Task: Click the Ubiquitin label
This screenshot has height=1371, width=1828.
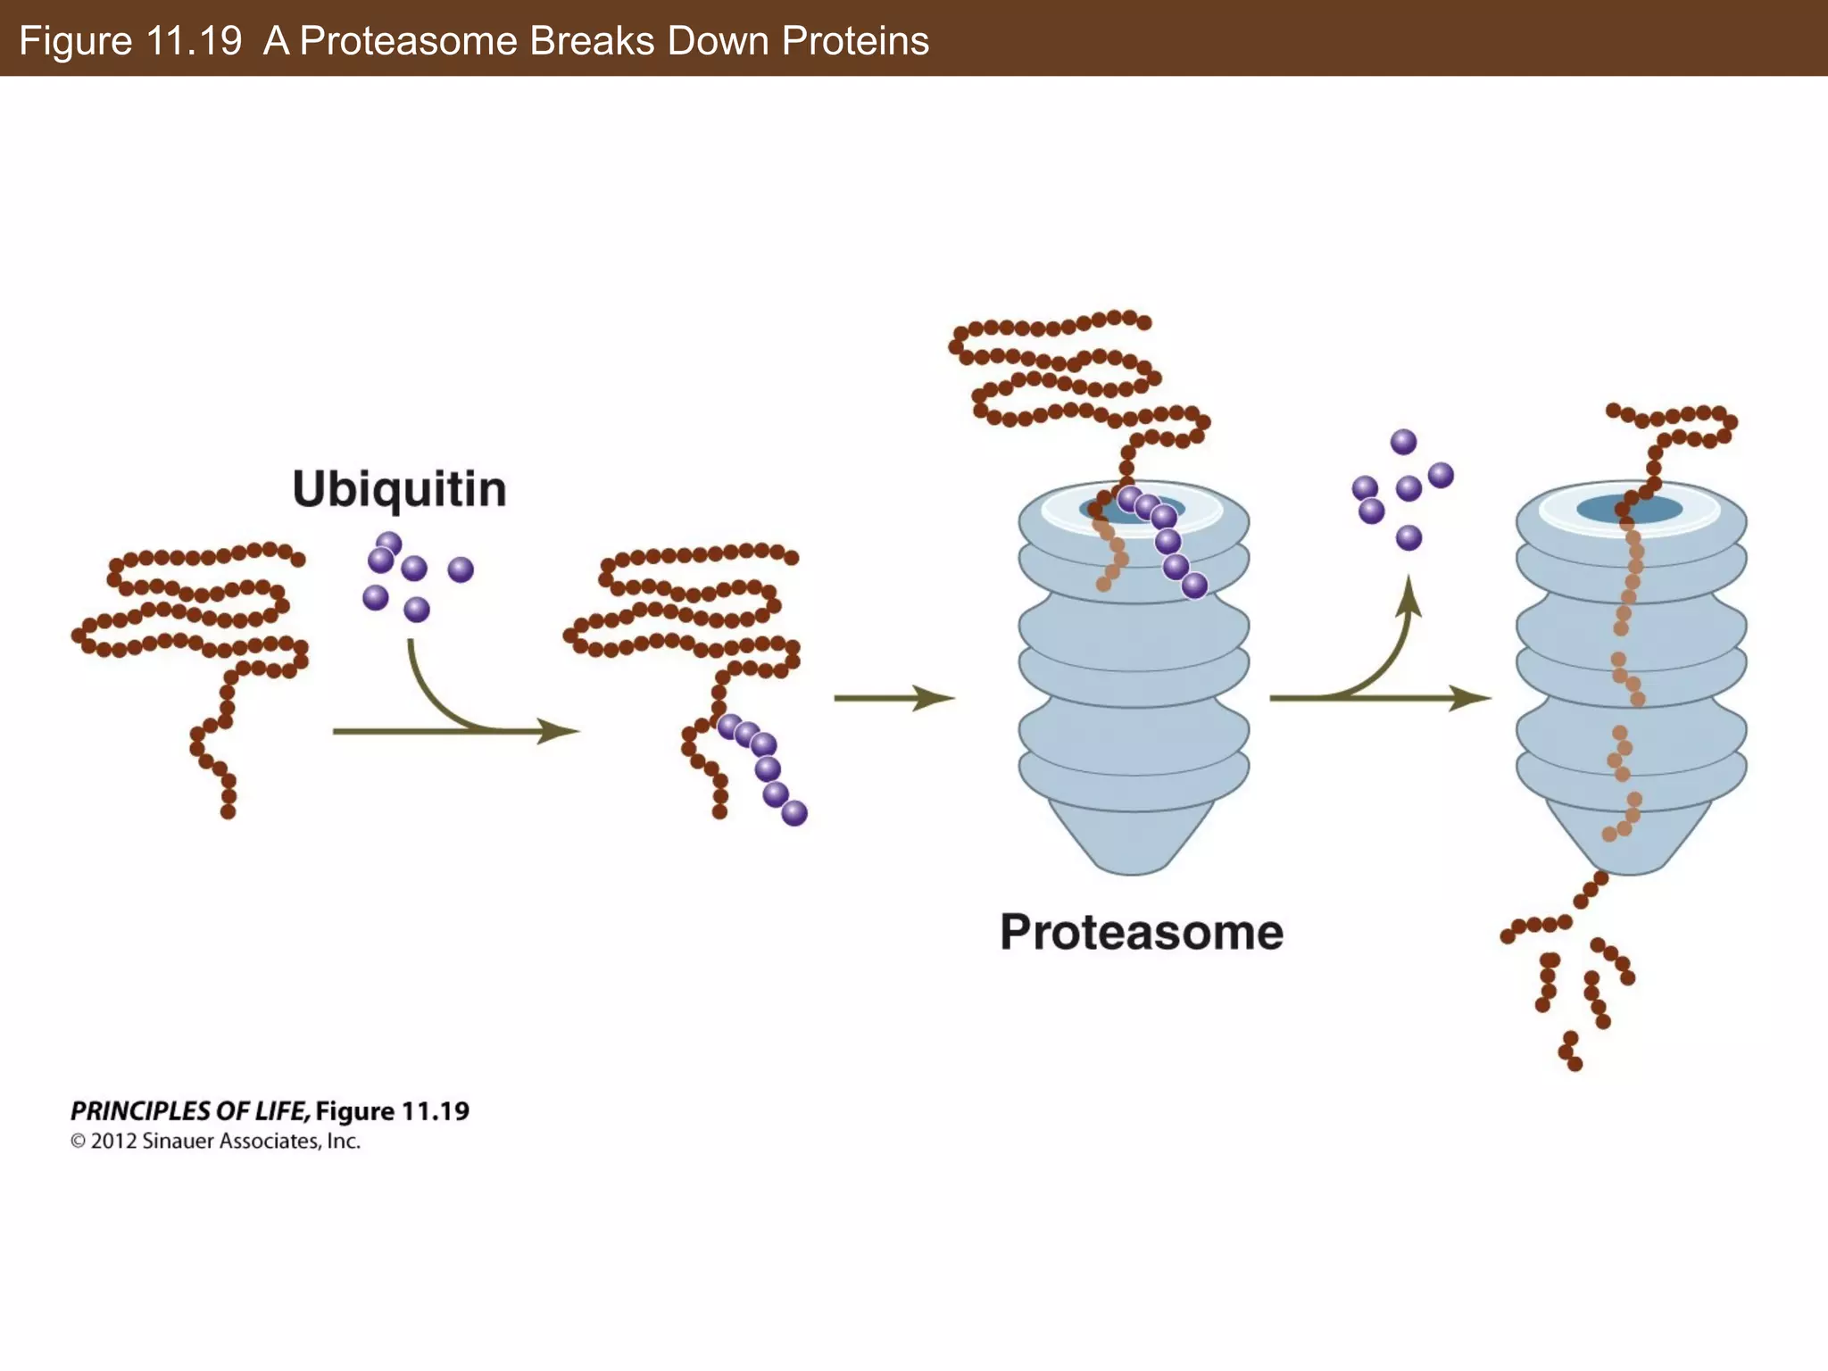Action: [x=399, y=489]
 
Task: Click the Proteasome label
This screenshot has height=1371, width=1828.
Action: [x=1141, y=933]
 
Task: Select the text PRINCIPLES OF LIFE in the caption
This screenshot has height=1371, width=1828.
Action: [x=189, y=1111]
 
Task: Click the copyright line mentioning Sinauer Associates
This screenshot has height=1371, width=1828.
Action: [x=216, y=1142]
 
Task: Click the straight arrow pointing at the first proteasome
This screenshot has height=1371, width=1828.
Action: [x=893, y=698]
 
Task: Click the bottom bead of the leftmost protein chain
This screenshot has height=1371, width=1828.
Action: [x=228, y=811]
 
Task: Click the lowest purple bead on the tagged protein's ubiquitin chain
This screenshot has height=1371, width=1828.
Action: [x=794, y=813]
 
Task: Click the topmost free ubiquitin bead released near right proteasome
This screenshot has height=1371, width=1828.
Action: [x=1403, y=442]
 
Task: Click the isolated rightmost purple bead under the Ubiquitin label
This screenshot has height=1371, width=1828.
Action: [x=461, y=569]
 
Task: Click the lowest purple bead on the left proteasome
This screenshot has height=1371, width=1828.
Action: [x=1194, y=586]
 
